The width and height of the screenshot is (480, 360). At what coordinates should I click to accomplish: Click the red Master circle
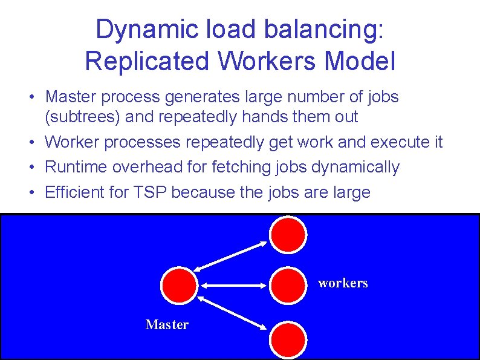coord(180,284)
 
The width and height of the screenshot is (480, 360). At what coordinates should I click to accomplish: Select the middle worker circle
coord(288,284)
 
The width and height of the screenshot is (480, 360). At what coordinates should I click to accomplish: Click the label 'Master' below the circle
coord(167,325)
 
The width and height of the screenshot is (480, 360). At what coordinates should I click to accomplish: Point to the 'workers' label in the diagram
coord(343,283)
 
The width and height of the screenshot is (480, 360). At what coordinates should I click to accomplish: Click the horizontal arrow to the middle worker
coord(234,284)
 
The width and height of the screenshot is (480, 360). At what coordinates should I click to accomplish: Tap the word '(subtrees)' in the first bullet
coord(82,116)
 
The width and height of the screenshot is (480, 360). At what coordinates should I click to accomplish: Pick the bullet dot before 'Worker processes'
coord(37,143)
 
